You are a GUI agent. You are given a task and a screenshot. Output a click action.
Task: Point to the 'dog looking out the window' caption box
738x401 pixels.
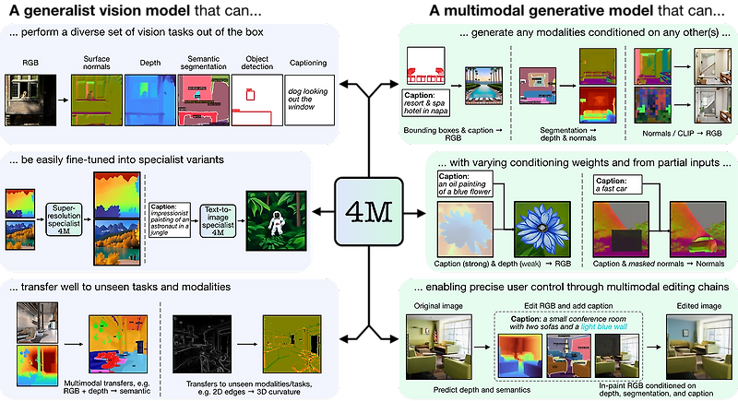[314, 100]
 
